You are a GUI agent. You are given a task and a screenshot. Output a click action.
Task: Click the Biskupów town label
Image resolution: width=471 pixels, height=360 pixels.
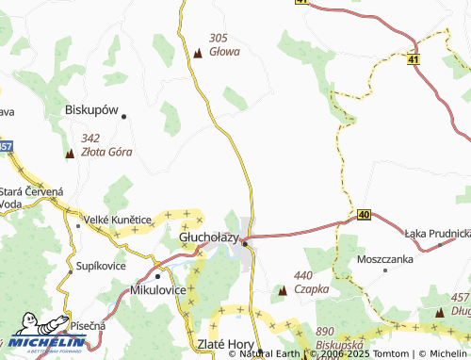click(x=91, y=109)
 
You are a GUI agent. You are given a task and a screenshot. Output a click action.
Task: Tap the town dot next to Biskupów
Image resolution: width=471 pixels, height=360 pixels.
click(x=123, y=116)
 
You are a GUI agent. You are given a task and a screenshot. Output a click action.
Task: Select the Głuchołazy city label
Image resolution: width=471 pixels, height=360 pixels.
click(x=208, y=239)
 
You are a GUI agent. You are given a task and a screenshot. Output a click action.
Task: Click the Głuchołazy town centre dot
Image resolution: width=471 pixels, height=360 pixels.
click(x=245, y=244)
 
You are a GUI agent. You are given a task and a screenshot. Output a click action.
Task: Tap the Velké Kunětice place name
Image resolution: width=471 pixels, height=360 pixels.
click(x=118, y=220)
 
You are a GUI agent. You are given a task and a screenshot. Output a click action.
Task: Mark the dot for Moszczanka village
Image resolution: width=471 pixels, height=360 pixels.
click(x=386, y=270)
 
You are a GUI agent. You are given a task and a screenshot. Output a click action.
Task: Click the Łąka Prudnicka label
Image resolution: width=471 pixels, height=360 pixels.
click(x=437, y=233)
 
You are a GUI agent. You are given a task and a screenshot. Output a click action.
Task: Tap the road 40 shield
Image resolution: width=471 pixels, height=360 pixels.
click(x=364, y=215)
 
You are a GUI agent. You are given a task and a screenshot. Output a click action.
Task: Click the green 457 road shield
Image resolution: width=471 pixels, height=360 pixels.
click(x=5, y=146)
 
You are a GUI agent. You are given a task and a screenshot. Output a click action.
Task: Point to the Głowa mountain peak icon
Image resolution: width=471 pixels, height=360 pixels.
click(x=198, y=52)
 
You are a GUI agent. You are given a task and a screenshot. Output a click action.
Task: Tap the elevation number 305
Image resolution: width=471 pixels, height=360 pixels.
click(x=219, y=38)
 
